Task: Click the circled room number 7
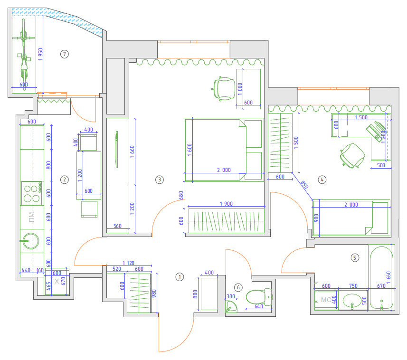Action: tap(65, 54)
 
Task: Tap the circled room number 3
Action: tap(160, 180)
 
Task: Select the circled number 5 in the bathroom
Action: tap(355, 258)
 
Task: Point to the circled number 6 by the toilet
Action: tap(238, 287)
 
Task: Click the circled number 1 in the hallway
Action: tap(180, 277)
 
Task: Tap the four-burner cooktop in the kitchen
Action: tap(32, 193)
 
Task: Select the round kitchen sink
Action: tap(30, 241)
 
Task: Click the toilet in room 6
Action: tap(259, 297)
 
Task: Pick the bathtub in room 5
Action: tap(381, 277)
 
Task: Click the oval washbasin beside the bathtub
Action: tap(352, 301)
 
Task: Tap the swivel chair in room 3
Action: tap(223, 89)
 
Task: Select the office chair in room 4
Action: tap(352, 155)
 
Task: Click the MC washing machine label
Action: tap(326, 300)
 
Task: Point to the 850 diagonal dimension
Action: tap(304, 185)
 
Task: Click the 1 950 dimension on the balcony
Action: tap(40, 55)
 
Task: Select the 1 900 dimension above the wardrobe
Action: tap(227, 204)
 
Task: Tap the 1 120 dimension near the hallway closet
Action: tap(129, 263)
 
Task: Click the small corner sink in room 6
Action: tap(231, 306)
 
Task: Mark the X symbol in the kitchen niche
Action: tap(57, 281)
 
